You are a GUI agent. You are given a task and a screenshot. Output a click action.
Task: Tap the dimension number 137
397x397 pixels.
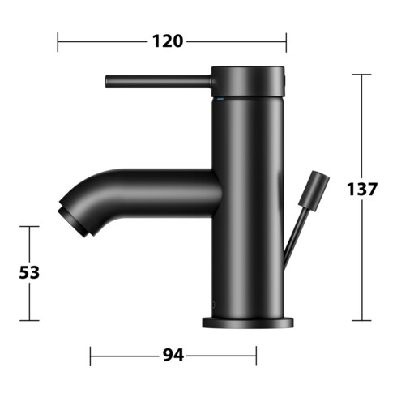(x=361, y=190)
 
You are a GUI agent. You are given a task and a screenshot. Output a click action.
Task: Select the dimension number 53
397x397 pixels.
(x=29, y=273)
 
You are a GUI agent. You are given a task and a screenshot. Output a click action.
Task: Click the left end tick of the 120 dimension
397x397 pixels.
(x=58, y=41)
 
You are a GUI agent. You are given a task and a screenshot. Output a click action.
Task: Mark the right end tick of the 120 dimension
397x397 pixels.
(x=286, y=41)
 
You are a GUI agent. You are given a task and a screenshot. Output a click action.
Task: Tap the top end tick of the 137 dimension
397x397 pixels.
(x=361, y=75)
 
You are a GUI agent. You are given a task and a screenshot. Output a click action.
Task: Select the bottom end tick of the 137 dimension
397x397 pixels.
(x=361, y=320)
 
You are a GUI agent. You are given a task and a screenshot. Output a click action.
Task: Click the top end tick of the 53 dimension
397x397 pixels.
(x=29, y=227)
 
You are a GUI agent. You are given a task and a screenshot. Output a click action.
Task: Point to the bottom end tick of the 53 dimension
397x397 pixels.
(x=29, y=320)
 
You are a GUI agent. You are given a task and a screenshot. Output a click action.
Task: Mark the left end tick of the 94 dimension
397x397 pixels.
(x=90, y=356)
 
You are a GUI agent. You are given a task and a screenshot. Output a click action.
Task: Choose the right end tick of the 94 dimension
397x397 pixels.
(x=256, y=356)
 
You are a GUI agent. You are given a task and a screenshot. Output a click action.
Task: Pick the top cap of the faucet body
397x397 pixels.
(x=249, y=79)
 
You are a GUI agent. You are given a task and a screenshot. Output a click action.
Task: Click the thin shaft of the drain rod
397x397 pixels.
(x=295, y=231)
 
